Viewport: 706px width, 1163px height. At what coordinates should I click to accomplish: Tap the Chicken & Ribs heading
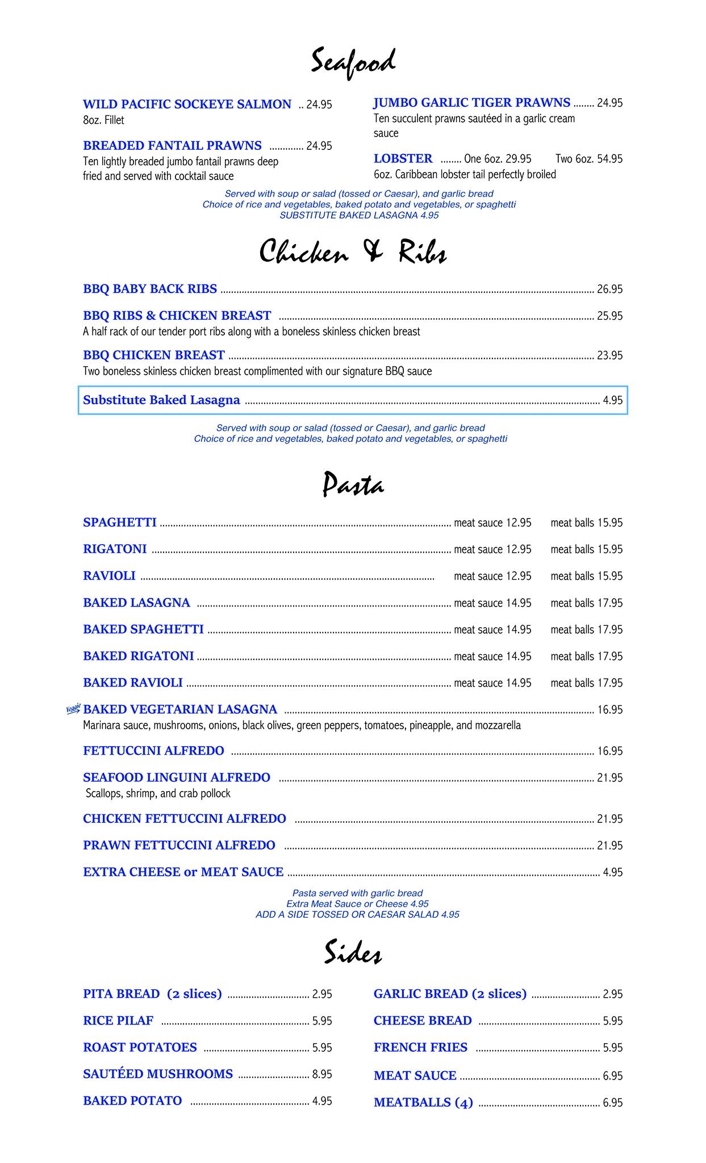353,252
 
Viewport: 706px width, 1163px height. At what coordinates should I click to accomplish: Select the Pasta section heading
353,485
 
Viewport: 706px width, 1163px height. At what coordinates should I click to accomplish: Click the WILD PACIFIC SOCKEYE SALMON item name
187,104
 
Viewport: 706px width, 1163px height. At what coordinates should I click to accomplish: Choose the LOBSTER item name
403,158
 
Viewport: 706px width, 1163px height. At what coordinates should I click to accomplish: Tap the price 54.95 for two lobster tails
609,159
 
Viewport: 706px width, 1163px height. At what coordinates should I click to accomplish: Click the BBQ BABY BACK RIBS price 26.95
609,290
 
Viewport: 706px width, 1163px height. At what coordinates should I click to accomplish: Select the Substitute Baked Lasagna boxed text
161,400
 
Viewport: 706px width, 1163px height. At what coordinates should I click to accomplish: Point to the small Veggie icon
73,709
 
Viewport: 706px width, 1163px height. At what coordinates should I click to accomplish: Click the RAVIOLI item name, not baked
109,576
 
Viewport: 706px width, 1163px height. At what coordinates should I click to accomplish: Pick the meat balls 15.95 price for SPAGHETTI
586,523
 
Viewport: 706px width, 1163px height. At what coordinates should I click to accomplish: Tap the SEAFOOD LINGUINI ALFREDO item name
177,777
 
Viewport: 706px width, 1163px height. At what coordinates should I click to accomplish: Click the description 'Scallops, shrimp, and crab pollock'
158,793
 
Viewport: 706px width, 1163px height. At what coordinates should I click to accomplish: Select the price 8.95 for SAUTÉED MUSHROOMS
322,1074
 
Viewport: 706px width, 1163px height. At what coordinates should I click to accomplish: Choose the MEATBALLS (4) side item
423,1103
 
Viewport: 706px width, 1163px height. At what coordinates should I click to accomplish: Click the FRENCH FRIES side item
420,1047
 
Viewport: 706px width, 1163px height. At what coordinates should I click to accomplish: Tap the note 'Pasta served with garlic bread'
357,893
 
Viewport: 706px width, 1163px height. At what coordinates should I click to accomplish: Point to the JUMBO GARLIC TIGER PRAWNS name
471,103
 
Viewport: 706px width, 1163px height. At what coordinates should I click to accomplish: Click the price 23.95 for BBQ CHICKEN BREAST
609,355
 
